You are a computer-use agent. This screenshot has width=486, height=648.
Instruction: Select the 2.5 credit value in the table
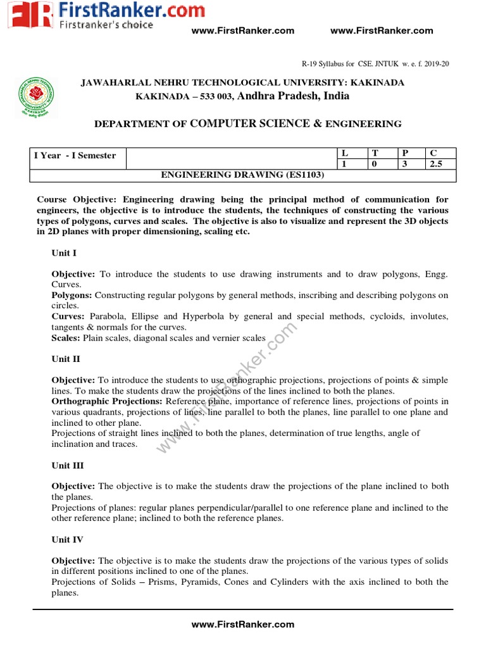435,163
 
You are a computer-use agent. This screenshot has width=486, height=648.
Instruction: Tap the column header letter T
375,153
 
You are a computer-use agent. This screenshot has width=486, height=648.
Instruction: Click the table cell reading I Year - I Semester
75,156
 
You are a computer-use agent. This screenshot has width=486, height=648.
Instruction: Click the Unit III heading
68,465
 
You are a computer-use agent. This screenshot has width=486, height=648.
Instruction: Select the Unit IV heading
67,540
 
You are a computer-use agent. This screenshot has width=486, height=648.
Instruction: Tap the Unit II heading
66,359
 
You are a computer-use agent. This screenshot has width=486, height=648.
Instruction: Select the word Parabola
108,316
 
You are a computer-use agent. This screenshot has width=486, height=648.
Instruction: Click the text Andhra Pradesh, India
293,96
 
